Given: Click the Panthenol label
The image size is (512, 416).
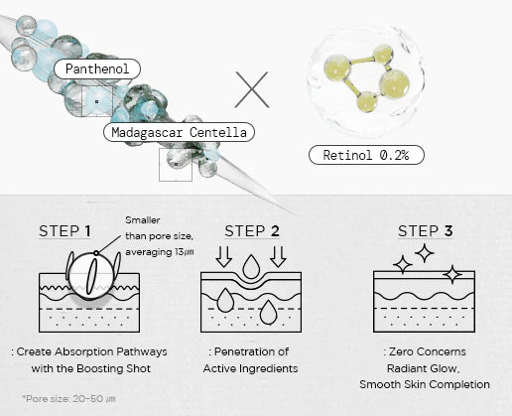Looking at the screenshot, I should (x=96, y=69).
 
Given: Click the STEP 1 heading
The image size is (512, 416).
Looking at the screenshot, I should (x=64, y=231).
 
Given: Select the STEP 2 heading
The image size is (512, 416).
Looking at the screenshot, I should (x=251, y=231).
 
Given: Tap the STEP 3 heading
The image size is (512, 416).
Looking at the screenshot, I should (x=425, y=231).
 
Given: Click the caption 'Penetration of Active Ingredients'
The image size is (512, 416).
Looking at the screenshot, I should (x=250, y=359).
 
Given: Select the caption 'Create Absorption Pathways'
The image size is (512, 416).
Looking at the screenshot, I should (x=95, y=351).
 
